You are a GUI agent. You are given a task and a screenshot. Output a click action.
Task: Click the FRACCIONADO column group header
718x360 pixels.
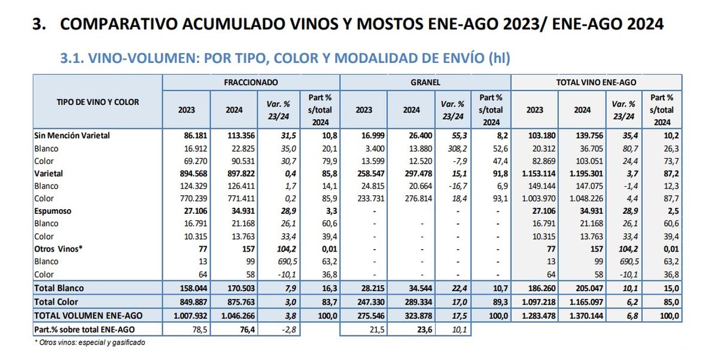coord(251,81)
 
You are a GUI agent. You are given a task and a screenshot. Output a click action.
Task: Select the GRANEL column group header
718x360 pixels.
coord(425,81)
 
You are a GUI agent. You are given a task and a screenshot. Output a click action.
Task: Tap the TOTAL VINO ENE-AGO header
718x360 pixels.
coord(597,81)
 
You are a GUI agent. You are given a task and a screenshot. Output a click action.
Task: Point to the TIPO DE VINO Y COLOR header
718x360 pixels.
coord(98,102)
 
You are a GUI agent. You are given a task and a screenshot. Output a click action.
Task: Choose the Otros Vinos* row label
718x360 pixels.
coord(58,249)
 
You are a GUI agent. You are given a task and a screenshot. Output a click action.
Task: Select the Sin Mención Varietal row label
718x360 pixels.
coord(72,136)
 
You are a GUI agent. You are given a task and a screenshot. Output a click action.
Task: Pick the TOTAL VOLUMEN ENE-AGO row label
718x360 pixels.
coord(87,315)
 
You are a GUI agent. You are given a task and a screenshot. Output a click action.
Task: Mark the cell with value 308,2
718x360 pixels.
coord(452,149)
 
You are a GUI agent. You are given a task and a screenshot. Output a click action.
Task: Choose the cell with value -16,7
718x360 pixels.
coord(452,186)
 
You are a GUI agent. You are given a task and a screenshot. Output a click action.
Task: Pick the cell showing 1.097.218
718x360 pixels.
coord(534,302)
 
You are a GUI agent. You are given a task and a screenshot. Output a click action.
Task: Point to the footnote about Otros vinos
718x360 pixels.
coord(90,343)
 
